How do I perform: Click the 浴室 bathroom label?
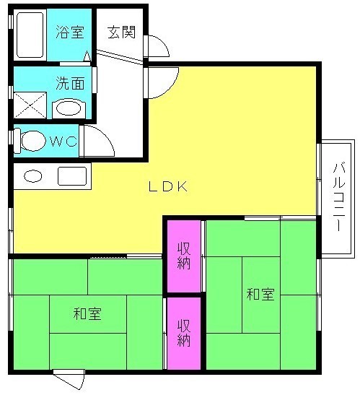[x=70, y=32]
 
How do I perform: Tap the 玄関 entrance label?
[x=122, y=32]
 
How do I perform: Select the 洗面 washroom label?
[x=70, y=83]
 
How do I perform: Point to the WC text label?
[x=63, y=142]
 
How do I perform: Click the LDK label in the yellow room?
[x=168, y=186]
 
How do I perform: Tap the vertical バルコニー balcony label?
[x=339, y=196]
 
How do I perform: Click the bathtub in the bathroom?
[x=30, y=35]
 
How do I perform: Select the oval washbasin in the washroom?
[x=69, y=108]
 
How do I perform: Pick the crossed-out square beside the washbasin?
[x=30, y=105]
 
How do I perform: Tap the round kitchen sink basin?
[x=32, y=175]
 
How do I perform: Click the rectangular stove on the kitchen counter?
[x=72, y=176]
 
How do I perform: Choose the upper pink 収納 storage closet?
[x=184, y=256]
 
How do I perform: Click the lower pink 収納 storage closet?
[x=184, y=334]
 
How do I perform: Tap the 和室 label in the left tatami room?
[x=87, y=313]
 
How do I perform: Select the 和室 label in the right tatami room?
[x=260, y=294]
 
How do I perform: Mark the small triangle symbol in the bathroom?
[x=87, y=56]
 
